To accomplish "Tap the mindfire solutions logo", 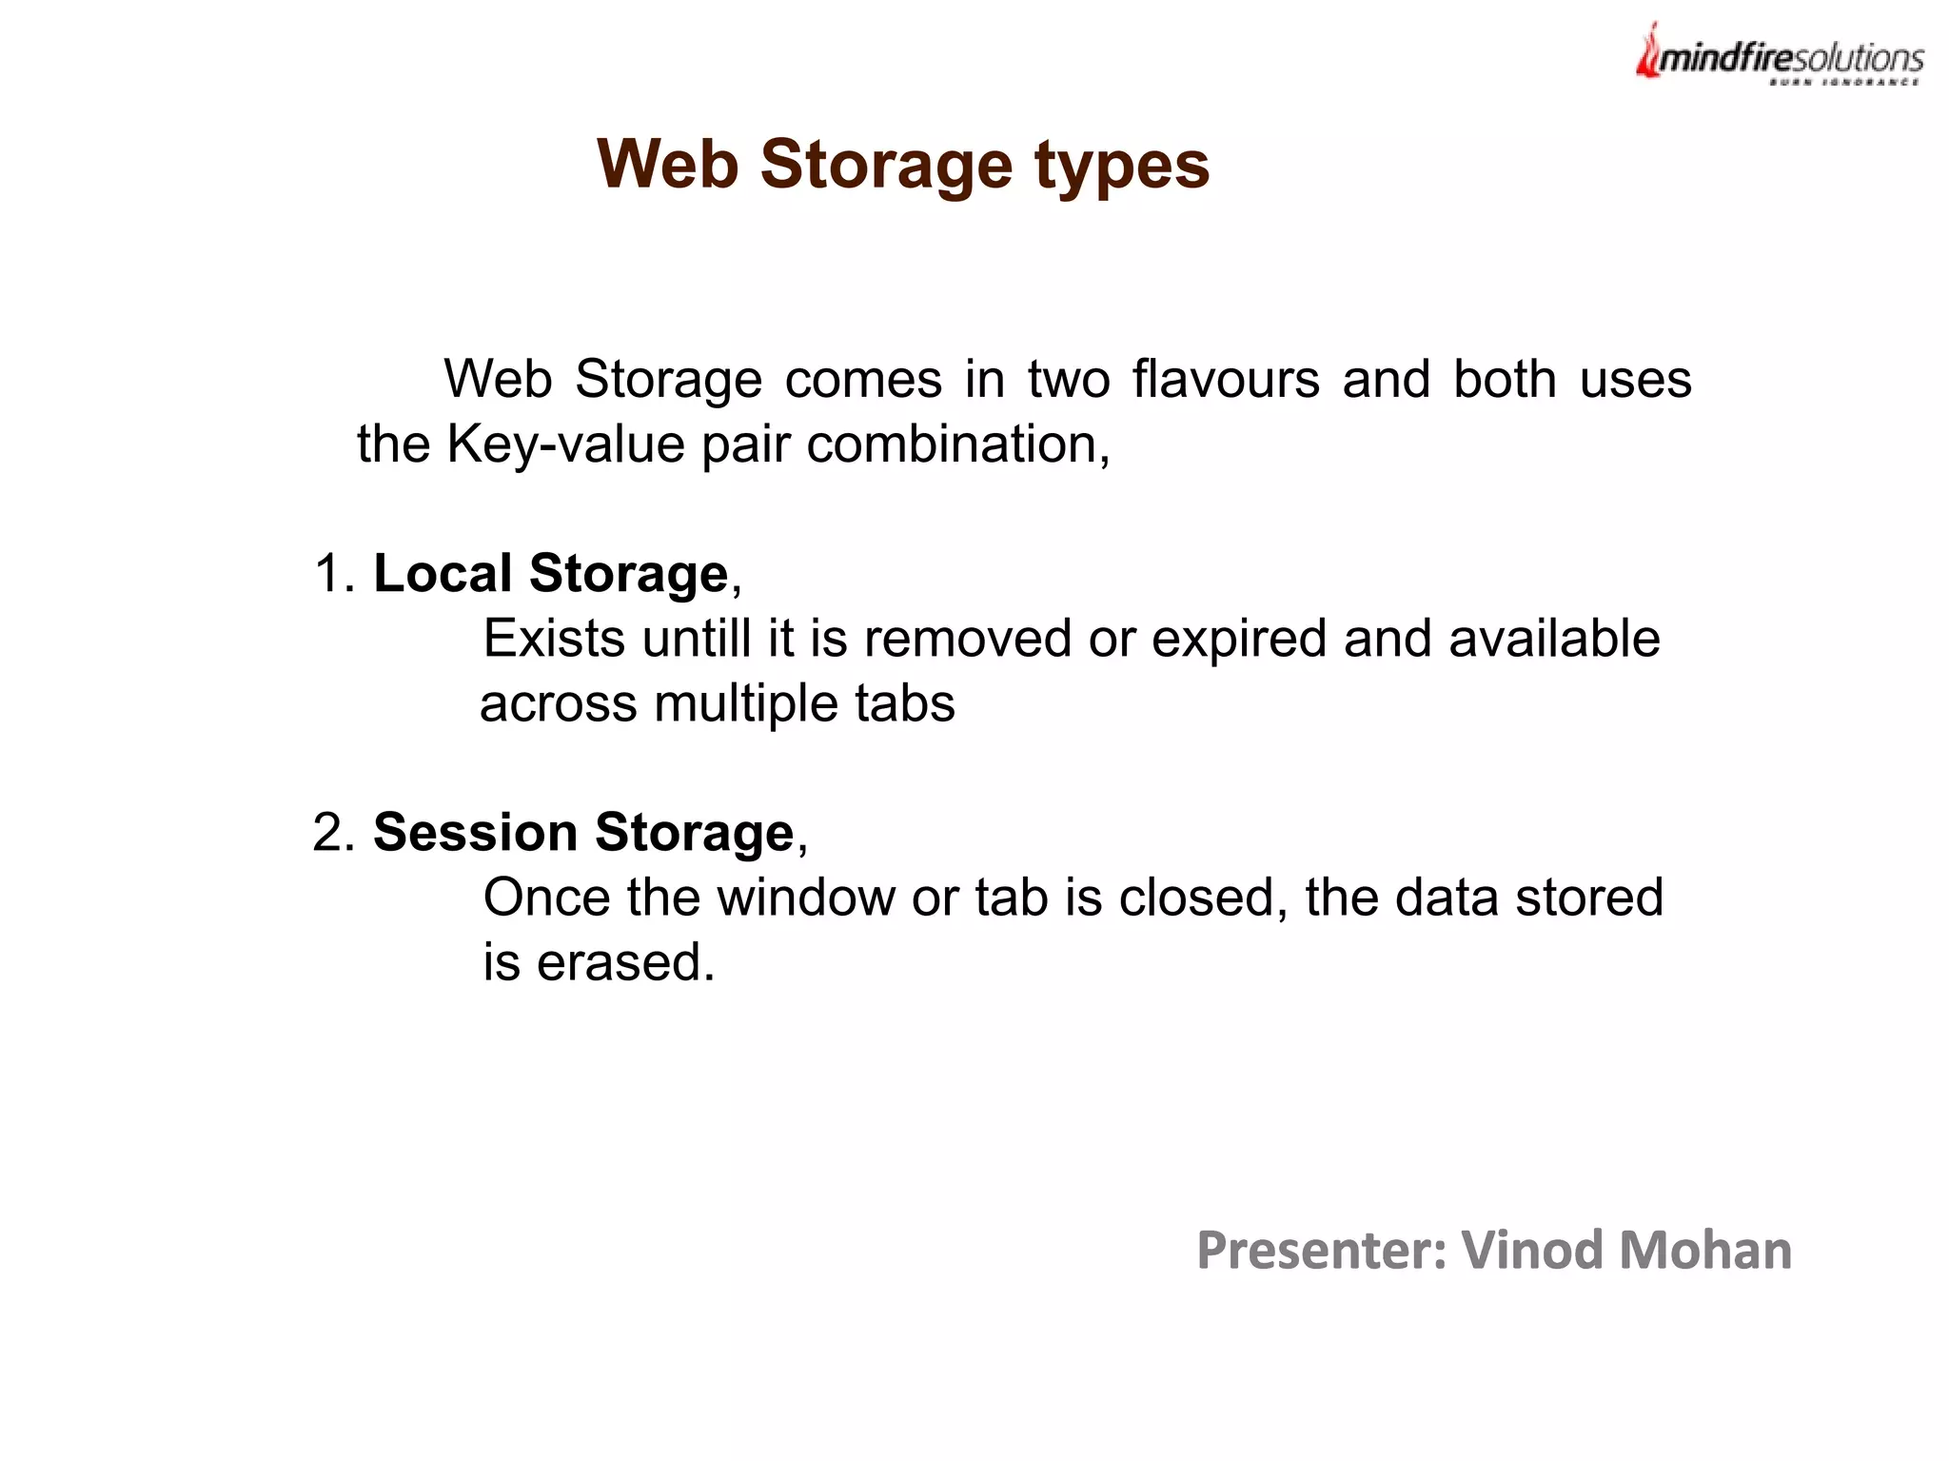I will pyautogui.click(x=1779, y=55).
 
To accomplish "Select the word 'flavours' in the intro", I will pyautogui.click(x=1226, y=379).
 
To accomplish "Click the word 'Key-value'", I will pyautogui.click(x=565, y=444).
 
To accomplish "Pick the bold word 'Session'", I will pyautogui.click(x=475, y=833).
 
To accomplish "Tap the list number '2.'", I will pyautogui.click(x=334, y=833).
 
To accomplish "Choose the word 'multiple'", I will pyautogui.click(x=745, y=704).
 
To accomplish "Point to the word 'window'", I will pyautogui.click(x=805, y=898).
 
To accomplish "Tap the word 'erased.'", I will pyautogui.click(x=625, y=962).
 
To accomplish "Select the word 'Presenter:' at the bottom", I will pyautogui.click(x=1321, y=1251).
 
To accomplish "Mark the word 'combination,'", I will pyautogui.click(x=958, y=444).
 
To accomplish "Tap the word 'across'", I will pyautogui.click(x=559, y=704).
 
